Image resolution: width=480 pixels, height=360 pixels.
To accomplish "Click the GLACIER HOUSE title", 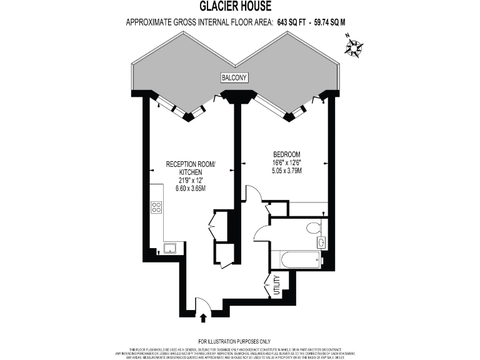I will [x=236, y=7].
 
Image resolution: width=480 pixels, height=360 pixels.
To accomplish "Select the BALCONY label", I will [x=235, y=77].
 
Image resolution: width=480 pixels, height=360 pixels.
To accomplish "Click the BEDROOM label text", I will [x=287, y=154].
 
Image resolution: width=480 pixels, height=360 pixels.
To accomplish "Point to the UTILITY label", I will [x=277, y=286].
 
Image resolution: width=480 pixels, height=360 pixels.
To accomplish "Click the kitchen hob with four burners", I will [x=156, y=207].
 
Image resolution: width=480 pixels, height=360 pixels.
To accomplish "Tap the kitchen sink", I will [x=169, y=248].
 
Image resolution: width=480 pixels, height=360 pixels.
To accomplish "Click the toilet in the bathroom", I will [x=315, y=227].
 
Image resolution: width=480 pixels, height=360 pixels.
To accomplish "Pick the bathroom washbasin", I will [x=321, y=242].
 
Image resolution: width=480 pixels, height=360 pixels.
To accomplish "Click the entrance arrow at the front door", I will [x=203, y=317].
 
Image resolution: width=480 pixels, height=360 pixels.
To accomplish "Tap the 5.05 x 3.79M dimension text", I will [x=287, y=171].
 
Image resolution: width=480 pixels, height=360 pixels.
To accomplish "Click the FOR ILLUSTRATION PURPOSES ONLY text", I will [x=235, y=341].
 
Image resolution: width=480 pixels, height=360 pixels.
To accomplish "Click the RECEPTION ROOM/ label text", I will [x=190, y=164].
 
